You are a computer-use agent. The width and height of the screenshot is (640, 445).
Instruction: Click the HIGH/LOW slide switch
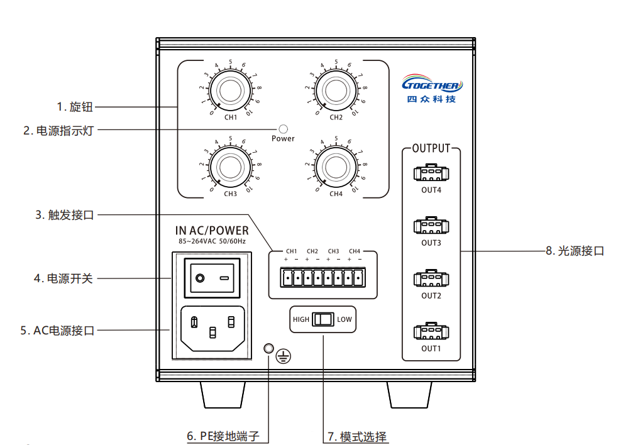pyautogui.click(x=323, y=319)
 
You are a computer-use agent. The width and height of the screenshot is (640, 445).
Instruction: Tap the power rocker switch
pyautogui.click(x=212, y=277)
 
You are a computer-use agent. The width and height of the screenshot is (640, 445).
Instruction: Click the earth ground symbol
pyautogui.click(x=284, y=357)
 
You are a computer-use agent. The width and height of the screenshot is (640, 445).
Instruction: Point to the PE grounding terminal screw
pyautogui.click(x=268, y=349)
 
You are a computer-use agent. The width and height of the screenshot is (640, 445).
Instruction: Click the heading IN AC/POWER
pyautogui.click(x=212, y=231)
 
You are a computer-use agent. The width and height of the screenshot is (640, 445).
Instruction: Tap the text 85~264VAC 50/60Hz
pyautogui.click(x=212, y=241)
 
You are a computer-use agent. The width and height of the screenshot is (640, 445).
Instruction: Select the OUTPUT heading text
pyautogui.click(x=431, y=149)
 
